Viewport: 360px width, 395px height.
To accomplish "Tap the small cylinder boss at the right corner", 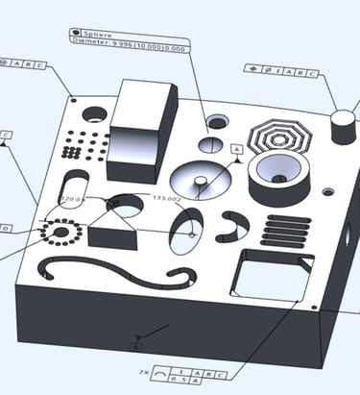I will [343, 126].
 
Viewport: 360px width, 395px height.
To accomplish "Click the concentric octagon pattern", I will [279, 136].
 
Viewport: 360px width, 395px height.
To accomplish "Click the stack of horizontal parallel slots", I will [287, 231].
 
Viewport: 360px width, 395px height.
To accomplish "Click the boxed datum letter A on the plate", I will [237, 150].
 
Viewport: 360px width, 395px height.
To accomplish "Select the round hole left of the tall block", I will [94, 113].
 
